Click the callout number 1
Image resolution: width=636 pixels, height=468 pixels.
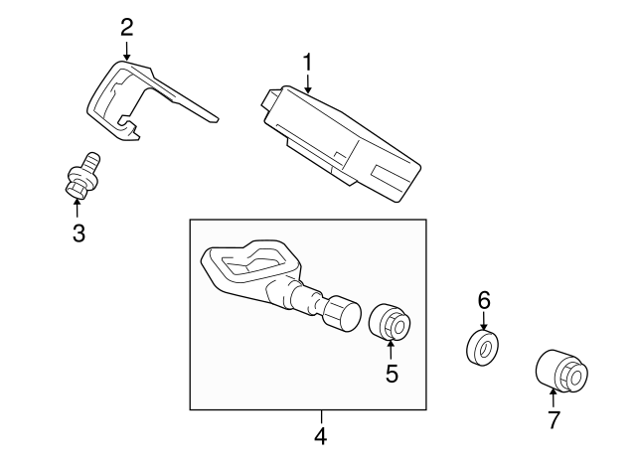(x=308, y=61)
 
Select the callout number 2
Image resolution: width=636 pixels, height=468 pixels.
(x=126, y=26)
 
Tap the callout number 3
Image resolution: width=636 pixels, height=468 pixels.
(x=79, y=234)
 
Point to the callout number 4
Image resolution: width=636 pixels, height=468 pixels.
(x=320, y=435)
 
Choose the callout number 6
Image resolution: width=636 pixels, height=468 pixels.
(x=484, y=300)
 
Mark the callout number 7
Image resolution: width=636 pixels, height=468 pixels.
(x=554, y=419)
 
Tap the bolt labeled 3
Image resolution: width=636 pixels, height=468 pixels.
(x=79, y=176)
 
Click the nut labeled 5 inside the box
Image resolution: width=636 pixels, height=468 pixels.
(x=390, y=322)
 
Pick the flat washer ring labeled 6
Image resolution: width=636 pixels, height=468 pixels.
(x=483, y=347)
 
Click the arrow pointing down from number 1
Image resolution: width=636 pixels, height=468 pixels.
(x=308, y=84)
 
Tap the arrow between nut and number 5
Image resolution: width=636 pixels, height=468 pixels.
(x=391, y=349)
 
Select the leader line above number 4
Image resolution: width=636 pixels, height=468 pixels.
(x=320, y=417)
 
